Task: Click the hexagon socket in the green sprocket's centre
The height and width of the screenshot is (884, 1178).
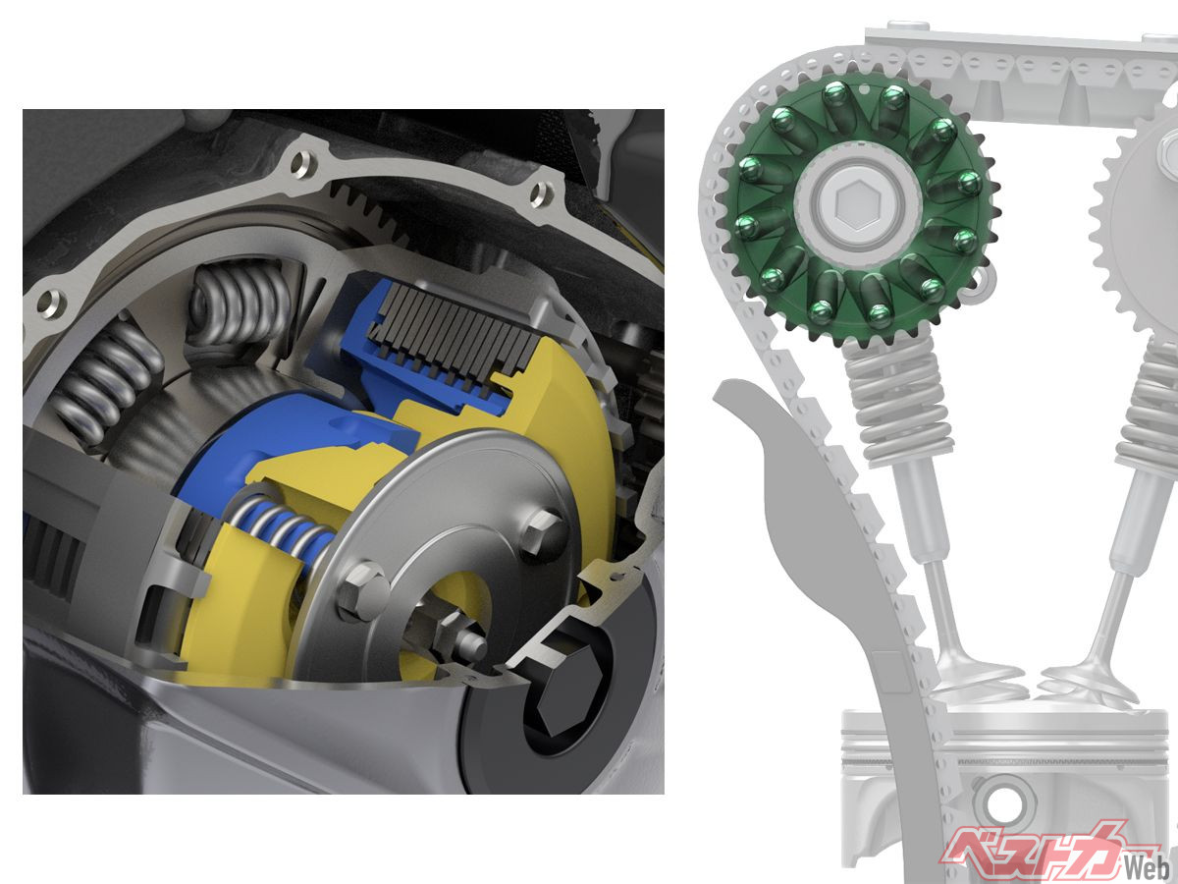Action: click(x=851, y=205)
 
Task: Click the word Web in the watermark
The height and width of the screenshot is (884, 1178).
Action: click(x=1150, y=867)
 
